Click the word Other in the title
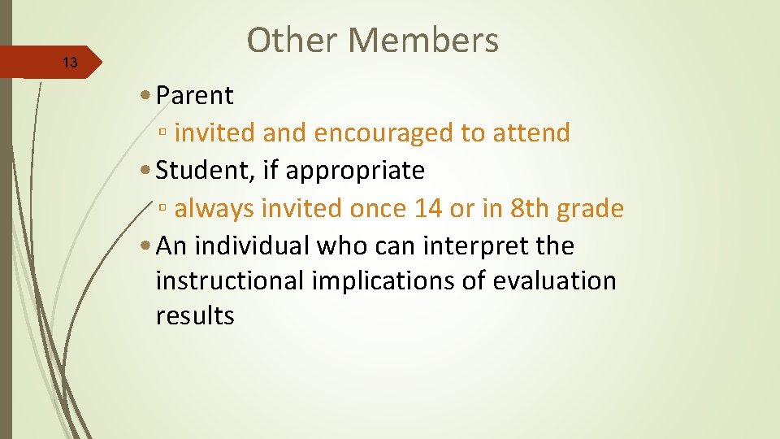click(287, 40)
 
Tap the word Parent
click(194, 96)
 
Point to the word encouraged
click(383, 133)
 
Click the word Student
click(200, 171)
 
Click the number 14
click(428, 209)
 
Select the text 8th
click(529, 209)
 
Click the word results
click(194, 315)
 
